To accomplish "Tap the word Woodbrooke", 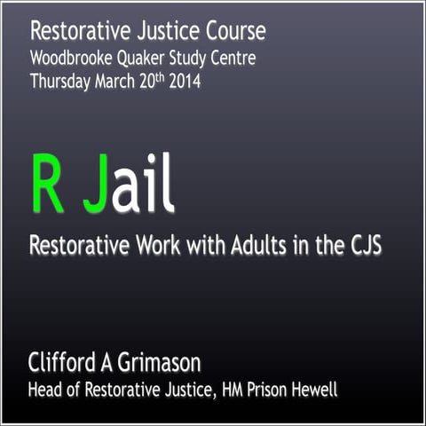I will pos(73,58).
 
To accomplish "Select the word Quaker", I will pos(152,58).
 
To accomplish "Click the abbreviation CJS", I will pos(359,245).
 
